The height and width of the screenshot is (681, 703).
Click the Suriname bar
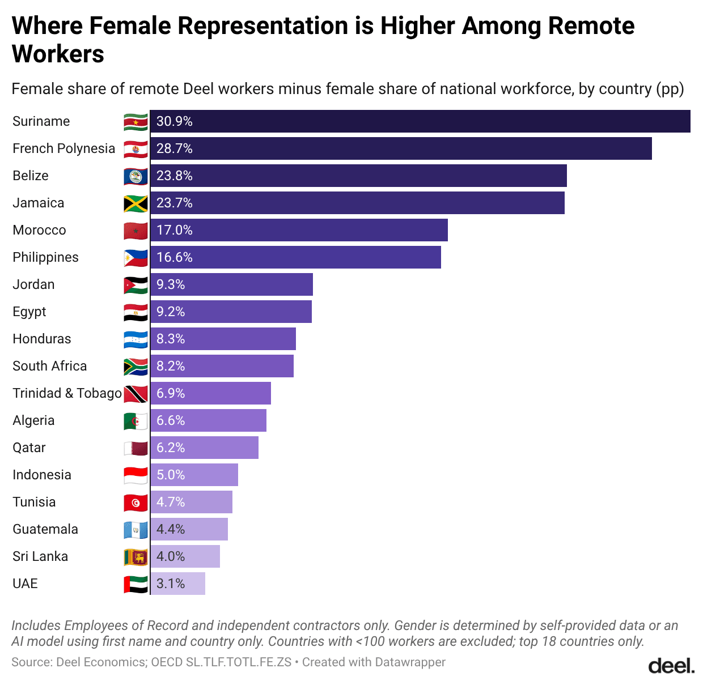coord(420,121)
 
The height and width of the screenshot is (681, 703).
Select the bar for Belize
coord(358,176)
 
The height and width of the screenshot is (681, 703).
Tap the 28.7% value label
coord(175,148)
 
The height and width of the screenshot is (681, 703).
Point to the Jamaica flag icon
coord(135,203)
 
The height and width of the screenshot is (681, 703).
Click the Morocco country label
coord(39,230)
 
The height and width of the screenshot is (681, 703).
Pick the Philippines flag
coord(135,258)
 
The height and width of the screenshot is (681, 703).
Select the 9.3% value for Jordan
coord(171,284)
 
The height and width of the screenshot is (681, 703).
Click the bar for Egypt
coord(231,312)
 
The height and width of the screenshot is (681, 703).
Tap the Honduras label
coord(42,339)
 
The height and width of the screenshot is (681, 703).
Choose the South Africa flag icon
coord(135,367)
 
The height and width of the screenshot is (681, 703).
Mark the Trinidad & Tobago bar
coord(211,393)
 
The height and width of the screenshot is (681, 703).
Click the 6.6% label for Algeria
coord(171,420)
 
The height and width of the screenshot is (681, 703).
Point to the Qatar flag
coord(135,448)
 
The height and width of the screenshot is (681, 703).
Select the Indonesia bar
coord(194,475)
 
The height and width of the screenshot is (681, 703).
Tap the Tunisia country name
coord(34,502)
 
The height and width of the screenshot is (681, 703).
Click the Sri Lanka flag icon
coord(135,557)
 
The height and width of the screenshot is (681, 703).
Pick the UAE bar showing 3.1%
coord(178,584)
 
